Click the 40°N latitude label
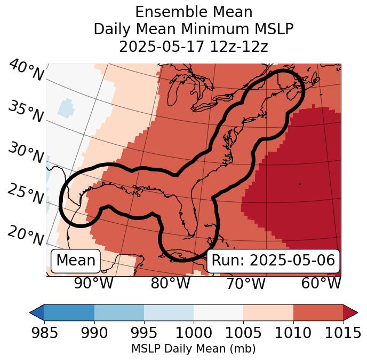26,71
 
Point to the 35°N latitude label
25,112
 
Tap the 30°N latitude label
25,153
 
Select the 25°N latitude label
25,194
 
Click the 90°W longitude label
93,284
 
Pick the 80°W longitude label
170,284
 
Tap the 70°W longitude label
246,284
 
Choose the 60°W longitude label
321,284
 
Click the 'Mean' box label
76,261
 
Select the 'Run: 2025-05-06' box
273,261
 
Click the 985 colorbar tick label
44,333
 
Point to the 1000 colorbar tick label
194,333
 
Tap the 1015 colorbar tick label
342,333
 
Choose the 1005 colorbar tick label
243,333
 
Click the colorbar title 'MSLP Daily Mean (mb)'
193,349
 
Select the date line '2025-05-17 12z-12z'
193,46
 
